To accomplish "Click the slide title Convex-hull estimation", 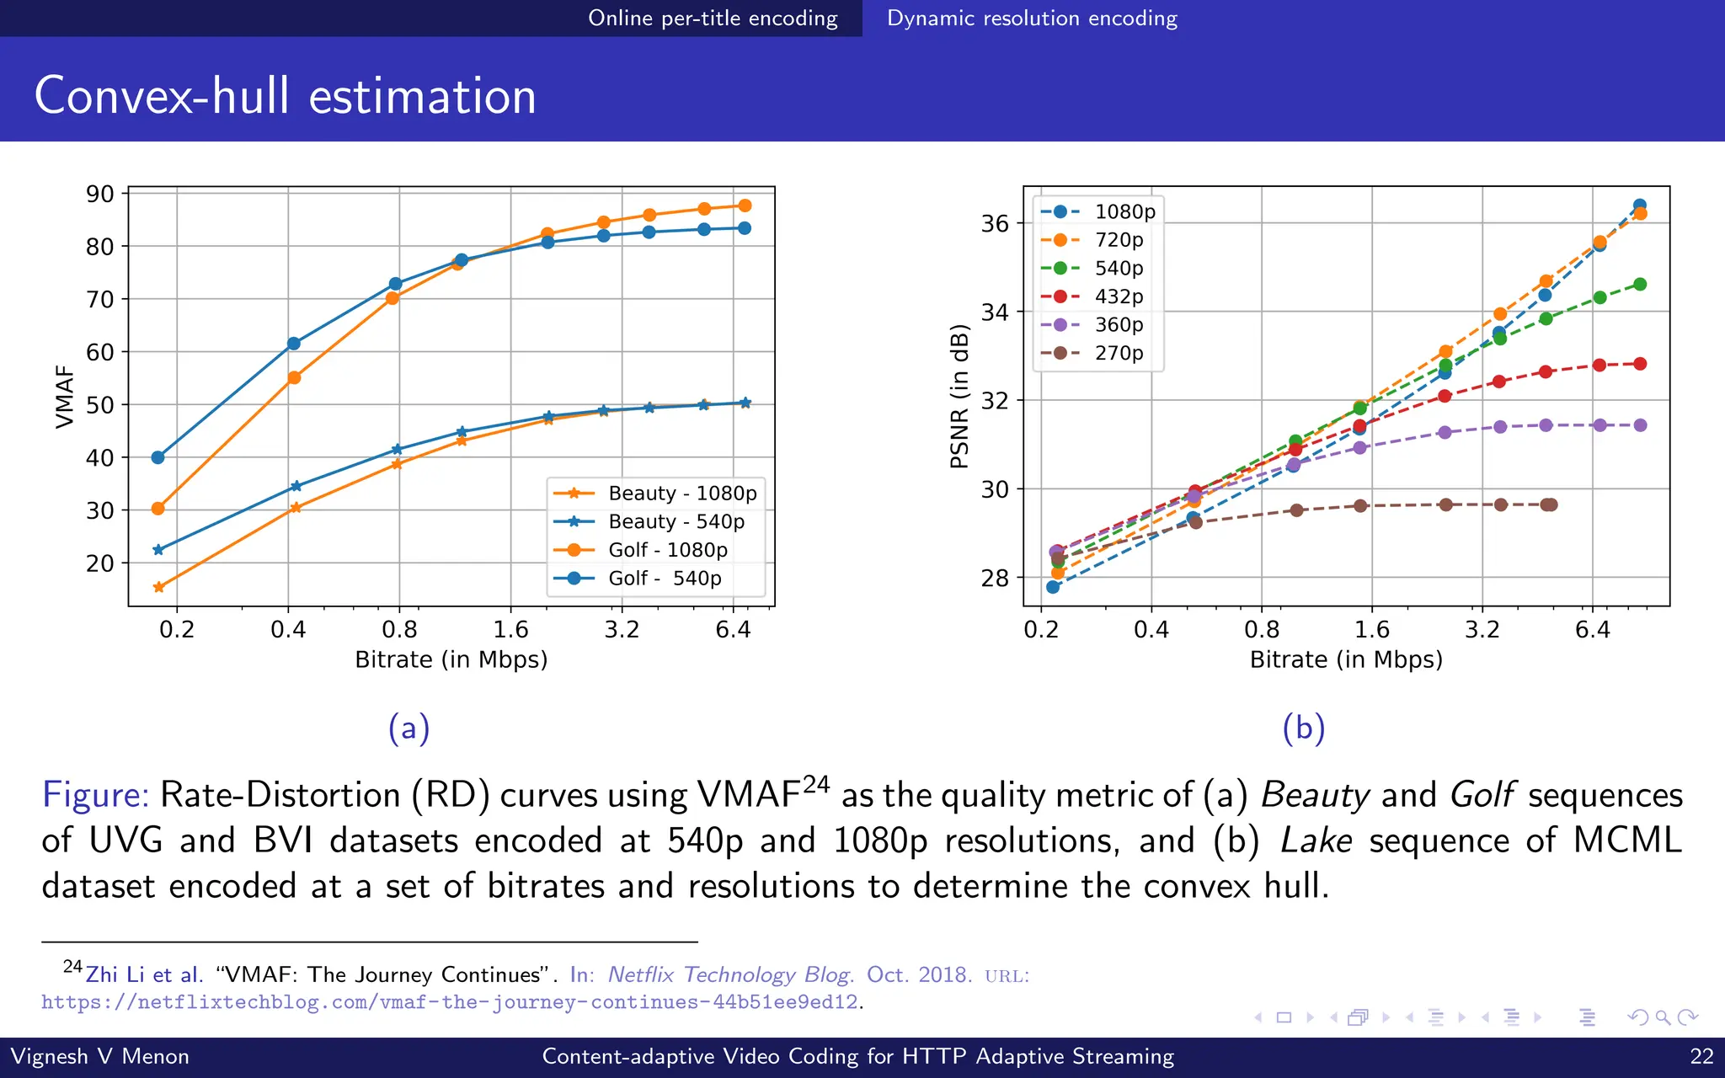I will [x=285, y=95].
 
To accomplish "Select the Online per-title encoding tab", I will [x=713, y=18].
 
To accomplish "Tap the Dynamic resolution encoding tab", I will [x=1032, y=18].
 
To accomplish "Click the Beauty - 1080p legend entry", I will [x=681, y=494].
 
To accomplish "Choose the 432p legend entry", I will [x=1119, y=296].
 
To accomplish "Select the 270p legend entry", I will [x=1119, y=353].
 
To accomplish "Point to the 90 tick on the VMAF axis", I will [x=100, y=194].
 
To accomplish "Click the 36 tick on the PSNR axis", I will [x=995, y=223].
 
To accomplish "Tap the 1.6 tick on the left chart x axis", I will [x=510, y=630].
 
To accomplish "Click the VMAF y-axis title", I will [x=65, y=397].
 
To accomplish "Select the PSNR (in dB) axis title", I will [x=959, y=397].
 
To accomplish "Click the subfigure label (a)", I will [x=409, y=728].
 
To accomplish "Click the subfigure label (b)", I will [x=1303, y=728].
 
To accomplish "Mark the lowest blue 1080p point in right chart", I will [x=1053, y=587].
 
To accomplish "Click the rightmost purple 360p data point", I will [x=1640, y=425].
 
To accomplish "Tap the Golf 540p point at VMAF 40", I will [x=158, y=457].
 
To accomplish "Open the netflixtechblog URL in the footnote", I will [x=450, y=1002].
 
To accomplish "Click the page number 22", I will [x=1701, y=1056].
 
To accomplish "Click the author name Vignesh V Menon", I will [x=99, y=1056].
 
